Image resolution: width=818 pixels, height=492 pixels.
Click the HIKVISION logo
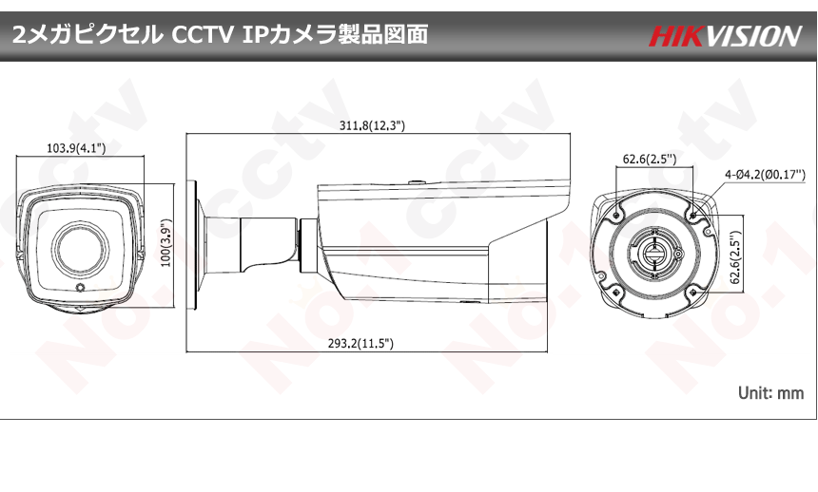click(x=726, y=36)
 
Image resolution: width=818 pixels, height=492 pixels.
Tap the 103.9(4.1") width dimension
click(x=75, y=147)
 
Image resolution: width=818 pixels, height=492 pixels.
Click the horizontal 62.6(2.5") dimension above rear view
click(x=651, y=159)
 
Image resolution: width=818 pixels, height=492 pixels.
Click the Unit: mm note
click(x=770, y=392)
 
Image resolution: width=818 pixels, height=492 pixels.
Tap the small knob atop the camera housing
click(x=416, y=181)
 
